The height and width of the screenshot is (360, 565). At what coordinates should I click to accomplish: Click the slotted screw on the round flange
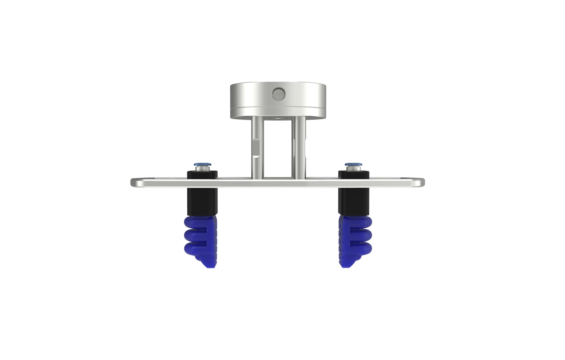pyautogui.click(x=279, y=94)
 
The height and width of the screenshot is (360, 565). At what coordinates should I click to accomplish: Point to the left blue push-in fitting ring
pyautogui.click(x=202, y=164)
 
